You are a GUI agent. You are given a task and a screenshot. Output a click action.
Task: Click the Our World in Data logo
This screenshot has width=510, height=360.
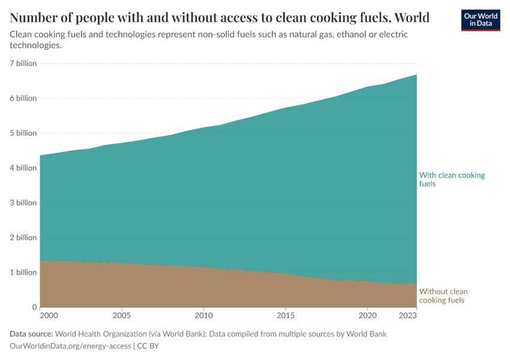[x=481, y=20]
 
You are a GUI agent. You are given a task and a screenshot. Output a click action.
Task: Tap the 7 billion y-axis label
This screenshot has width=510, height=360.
[x=23, y=64]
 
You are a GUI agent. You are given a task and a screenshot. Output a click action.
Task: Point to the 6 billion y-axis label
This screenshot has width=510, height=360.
[x=23, y=98]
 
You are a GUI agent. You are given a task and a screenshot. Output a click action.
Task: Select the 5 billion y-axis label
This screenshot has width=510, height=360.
[x=23, y=133]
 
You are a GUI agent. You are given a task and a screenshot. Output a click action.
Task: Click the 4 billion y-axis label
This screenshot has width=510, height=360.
[x=23, y=168]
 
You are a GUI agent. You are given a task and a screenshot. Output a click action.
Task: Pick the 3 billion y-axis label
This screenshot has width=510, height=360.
[x=23, y=203]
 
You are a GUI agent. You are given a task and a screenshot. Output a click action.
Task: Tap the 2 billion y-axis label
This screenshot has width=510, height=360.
[x=23, y=238]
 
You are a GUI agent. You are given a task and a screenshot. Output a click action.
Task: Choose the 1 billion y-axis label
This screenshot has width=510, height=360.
[x=23, y=272]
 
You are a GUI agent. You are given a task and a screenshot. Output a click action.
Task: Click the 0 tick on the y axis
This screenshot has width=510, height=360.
[x=34, y=307]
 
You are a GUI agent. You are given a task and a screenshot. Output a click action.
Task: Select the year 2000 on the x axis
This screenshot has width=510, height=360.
[x=49, y=315]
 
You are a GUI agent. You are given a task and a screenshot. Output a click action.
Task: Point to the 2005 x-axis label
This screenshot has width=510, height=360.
[x=122, y=315]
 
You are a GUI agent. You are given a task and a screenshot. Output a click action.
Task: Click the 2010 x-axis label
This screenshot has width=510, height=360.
[x=203, y=315]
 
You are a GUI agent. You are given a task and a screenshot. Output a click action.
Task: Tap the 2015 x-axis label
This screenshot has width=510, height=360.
[x=286, y=315]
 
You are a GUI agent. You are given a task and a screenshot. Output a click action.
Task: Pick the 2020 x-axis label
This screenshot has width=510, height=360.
[x=367, y=315]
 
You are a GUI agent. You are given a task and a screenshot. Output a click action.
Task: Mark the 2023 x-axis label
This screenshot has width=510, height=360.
[x=407, y=315]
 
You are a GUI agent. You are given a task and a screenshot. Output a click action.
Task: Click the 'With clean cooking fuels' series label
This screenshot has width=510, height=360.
[x=451, y=179]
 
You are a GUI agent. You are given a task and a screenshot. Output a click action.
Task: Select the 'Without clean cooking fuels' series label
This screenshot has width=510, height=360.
[x=443, y=296]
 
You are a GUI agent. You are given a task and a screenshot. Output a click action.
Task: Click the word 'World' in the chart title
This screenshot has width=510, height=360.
[x=410, y=17]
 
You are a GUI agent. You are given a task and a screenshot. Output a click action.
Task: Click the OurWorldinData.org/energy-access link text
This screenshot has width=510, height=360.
[x=70, y=346]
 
